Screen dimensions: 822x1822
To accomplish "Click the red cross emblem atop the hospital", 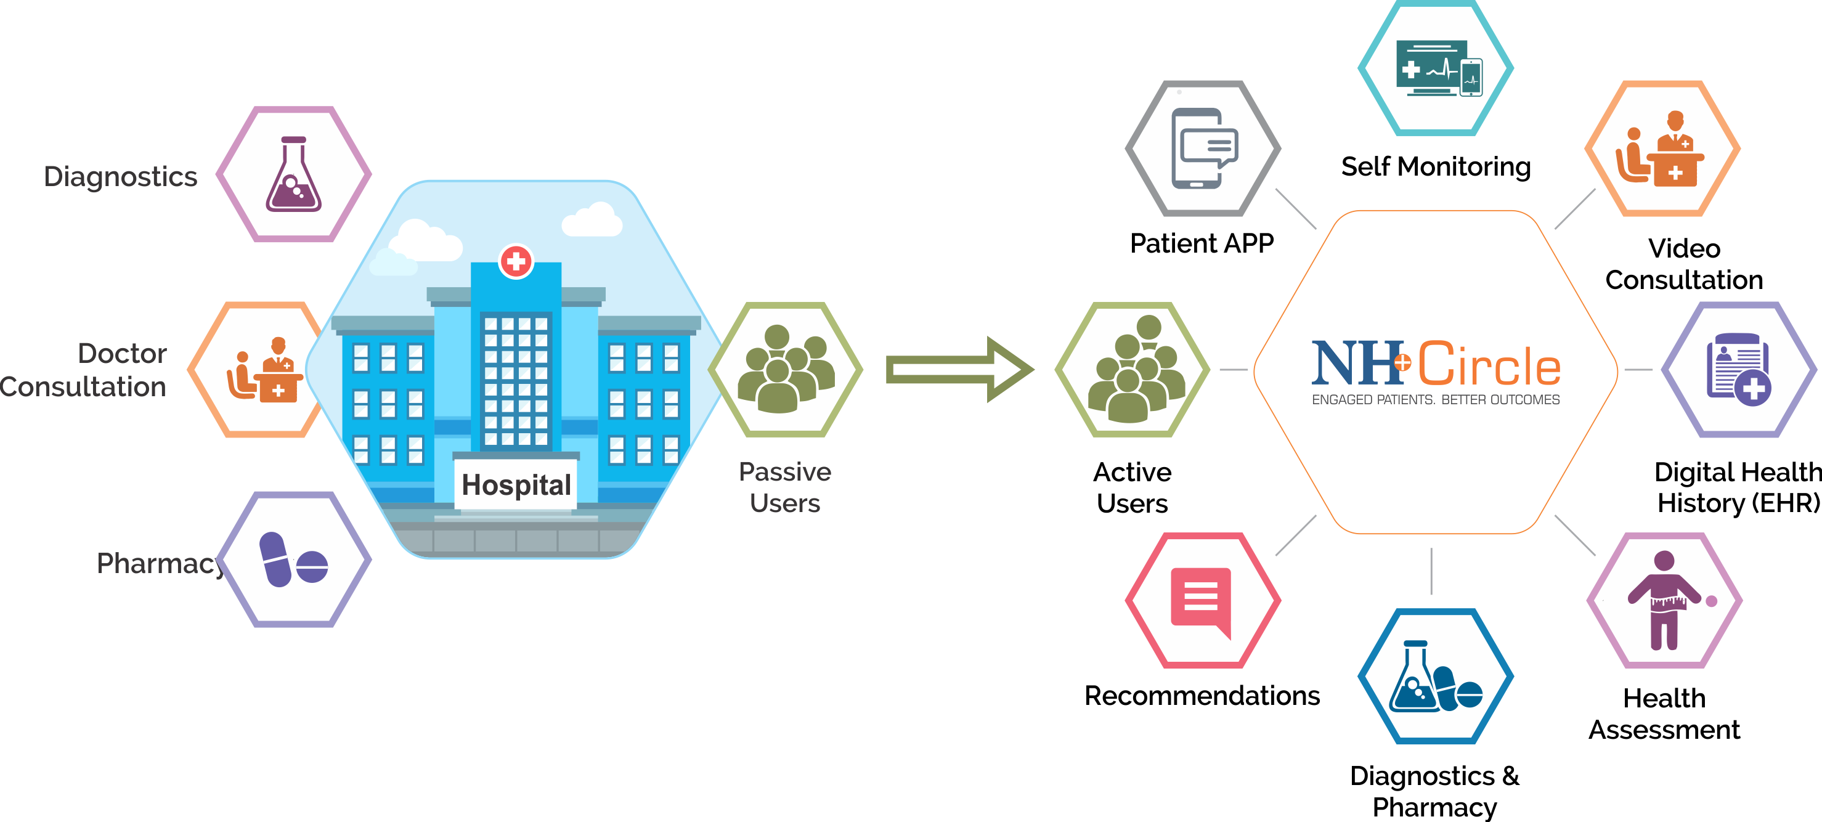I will point(516,261).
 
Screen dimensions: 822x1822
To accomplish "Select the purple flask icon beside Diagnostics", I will point(293,175).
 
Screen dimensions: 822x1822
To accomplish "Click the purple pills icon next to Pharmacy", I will point(293,560).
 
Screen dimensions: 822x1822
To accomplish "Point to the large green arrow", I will point(958,369).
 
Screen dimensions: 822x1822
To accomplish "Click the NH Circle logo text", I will point(1436,364).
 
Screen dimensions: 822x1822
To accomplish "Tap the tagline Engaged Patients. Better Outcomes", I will point(1435,400).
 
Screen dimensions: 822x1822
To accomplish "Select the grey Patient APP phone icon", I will point(1203,149).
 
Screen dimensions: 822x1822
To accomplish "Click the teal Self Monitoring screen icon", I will point(1436,68).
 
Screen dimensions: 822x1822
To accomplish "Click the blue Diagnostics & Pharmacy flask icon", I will point(1435,677).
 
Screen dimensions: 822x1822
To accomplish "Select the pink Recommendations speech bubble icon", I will point(1202,600).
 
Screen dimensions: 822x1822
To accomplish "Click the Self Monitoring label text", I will point(1436,167).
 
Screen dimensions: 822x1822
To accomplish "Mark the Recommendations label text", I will point(1202,696).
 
